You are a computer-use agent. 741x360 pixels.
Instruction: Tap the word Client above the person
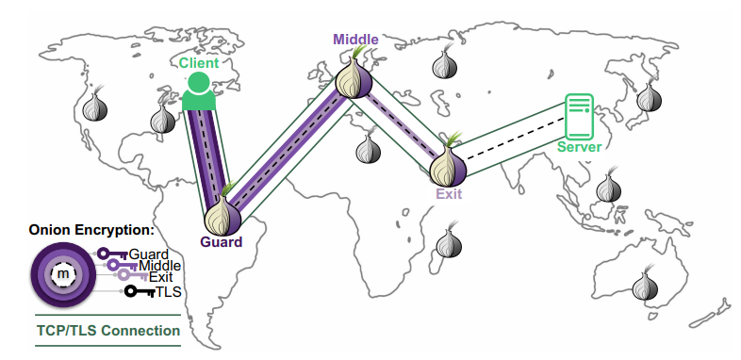(x=199, y=63)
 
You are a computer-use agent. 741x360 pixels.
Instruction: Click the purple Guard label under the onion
(x=221, y=242)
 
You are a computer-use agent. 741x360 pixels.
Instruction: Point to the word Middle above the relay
(x=355, y=40)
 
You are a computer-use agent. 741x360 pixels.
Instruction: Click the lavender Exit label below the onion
(x=450, y=193)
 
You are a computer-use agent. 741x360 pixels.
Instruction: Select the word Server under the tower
(x=579, y=147)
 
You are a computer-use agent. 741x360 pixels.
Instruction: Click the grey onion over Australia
(x=645, y=285)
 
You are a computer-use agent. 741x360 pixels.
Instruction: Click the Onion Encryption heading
(x=91, y=229)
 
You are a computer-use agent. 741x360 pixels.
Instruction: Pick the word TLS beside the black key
(x=169, y=292)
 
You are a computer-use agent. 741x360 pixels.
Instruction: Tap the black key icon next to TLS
(x=139, y=292)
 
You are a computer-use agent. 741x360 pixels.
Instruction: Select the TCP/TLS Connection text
(x=107, y=331)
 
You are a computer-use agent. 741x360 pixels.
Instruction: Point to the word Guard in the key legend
(x=148, y=254)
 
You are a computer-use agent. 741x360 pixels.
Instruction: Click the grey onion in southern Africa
(x=449, y=243)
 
